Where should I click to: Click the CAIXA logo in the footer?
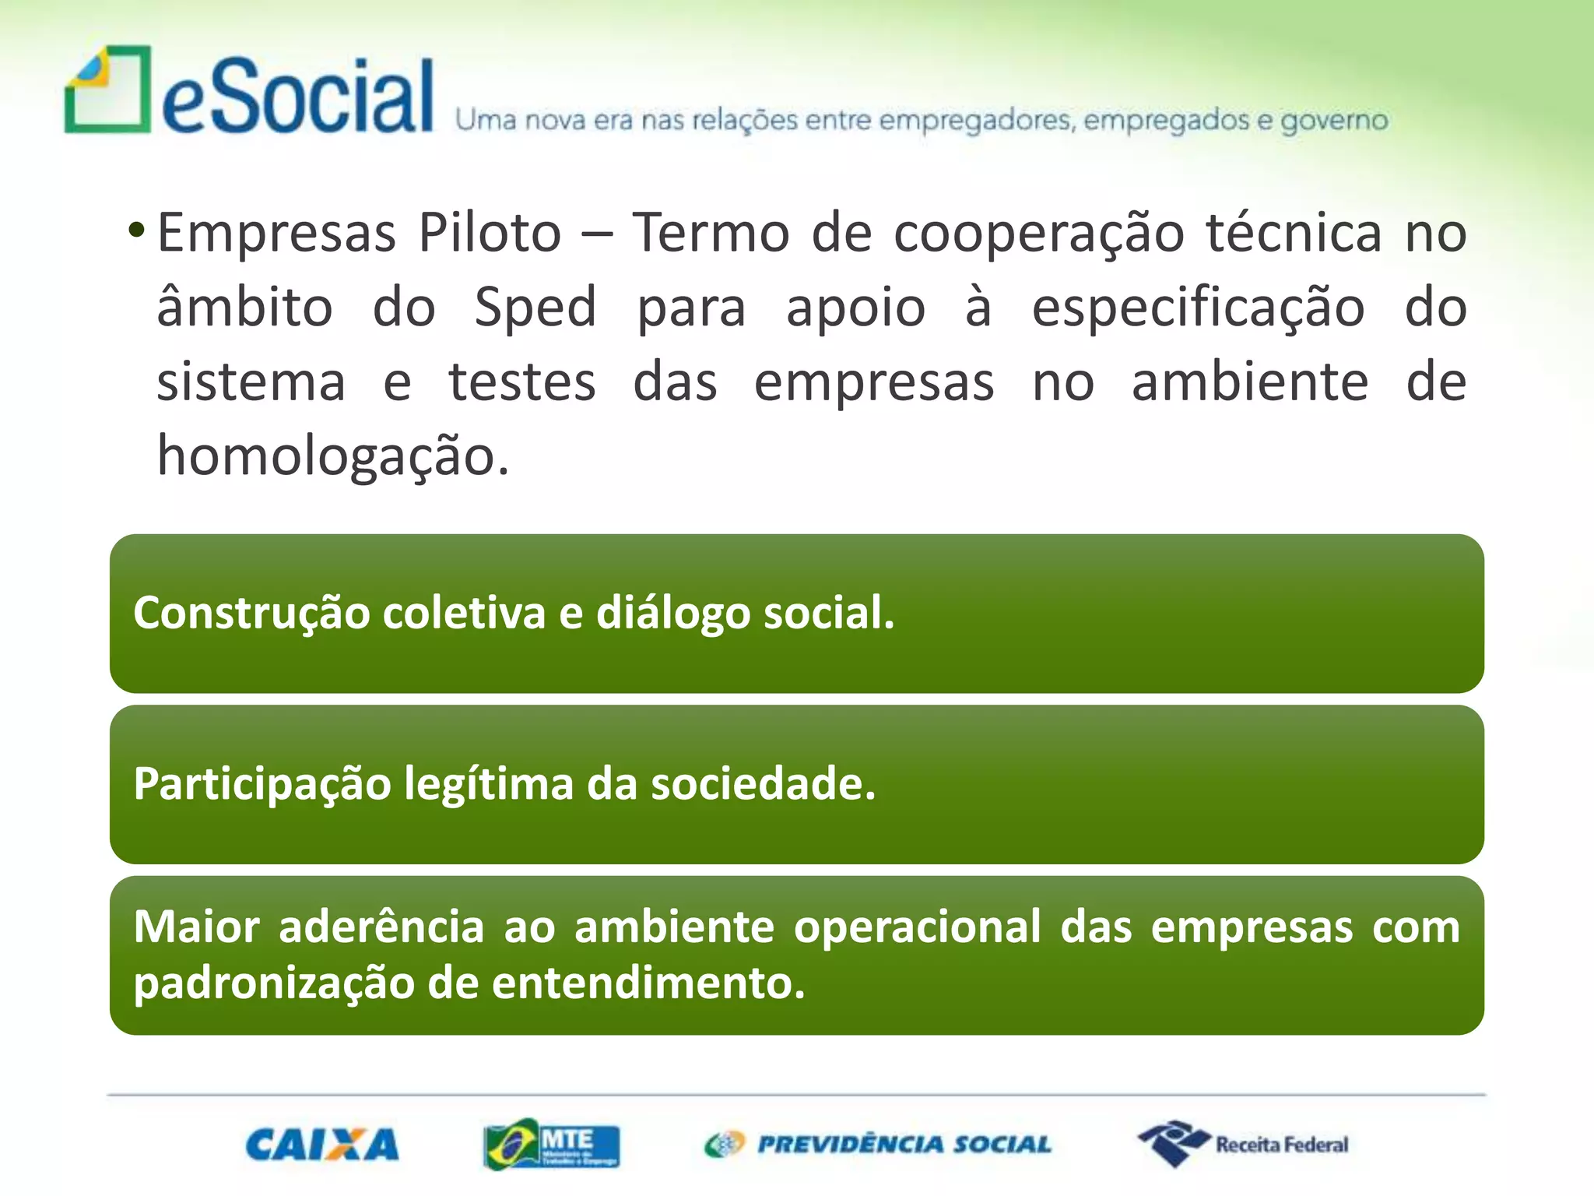click(x=321, y=1145)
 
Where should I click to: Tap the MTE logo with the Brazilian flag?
click(x=551, y=1145)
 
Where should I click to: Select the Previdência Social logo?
click(x=878, y=1145)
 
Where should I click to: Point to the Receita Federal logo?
click(x=1244, y=1144)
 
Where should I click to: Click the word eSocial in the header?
click(x=297, y=97)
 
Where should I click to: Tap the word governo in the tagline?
click(x=1334, y=121)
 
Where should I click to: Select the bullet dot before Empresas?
click(x=136, y=230)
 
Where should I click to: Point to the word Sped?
click(x=535, y=307)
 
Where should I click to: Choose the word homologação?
click(x=332, y=456)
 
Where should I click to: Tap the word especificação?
click(x=1198, y=308)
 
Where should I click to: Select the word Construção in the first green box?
click(x=251, y=613)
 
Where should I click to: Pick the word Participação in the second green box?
click(x=262, y=784)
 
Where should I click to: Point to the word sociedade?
click(x=763, y=784)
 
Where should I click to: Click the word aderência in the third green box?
click(x=381, y=927)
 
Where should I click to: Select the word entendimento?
click(x=648, y=983)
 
